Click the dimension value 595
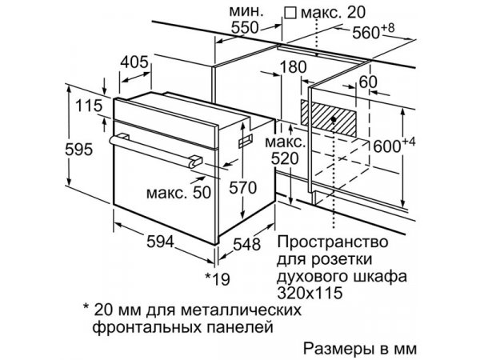[x=78, y=150]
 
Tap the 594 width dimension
[x=160, y=242]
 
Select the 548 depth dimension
[x=246, y=244]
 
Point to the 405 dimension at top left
[x=134, y=62]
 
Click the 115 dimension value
[x=89, y=106]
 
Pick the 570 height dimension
[x=242, y=187]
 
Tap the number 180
[x=293, y=67]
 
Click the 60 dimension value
[x=368, y=82]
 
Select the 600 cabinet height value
[x=387, y=146]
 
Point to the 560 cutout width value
[x=366, y=33]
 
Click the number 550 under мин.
[x=245, y=27]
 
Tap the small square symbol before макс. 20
[x=290, y=14]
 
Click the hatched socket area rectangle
[x=329, y=118]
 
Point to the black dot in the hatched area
[x=334, y=119]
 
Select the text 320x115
[x=310, y=293]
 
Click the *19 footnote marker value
[x=218, y=278]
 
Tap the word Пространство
[x=333, y=242]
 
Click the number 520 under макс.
[x=285, y=158]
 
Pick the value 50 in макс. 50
[x=202, y=193]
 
